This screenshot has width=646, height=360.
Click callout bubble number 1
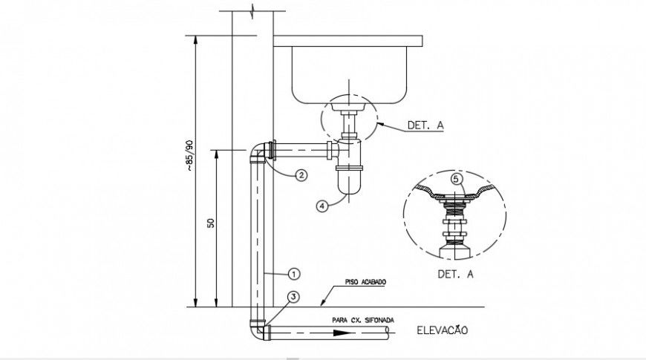[x=293, y=272]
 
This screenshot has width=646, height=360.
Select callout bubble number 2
[x=301, y=176]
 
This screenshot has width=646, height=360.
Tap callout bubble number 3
[x=294, y=296]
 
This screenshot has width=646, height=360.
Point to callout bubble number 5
[x=457, y=178]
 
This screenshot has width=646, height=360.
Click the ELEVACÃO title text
[x=443, y=330]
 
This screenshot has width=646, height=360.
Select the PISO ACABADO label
[x=365, y=283]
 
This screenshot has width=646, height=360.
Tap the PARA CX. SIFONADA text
[x=364, y=320]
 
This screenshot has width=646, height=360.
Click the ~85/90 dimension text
[x=189, y=155]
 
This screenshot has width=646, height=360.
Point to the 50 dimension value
[x=211, y=223]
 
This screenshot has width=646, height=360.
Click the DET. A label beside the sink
[x=425, y=125]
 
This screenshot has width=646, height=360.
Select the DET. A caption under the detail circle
[x=455, y=274]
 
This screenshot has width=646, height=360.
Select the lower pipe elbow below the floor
[x=258, y=331]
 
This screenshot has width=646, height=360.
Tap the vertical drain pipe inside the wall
[x=256, y=238]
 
